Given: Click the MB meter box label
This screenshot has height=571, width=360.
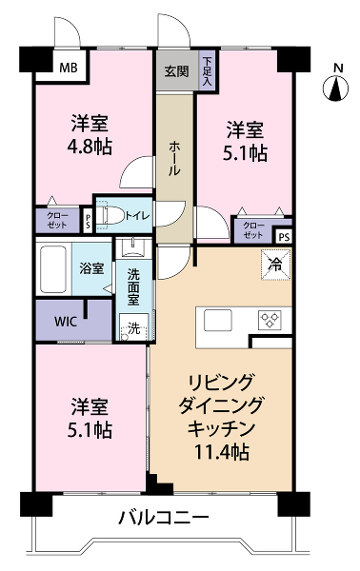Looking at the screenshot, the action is [x=69, y=68].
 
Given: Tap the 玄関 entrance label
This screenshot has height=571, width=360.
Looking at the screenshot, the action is [x=177, y=71].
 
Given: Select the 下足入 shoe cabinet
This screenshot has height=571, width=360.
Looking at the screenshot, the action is [x=207, y=71].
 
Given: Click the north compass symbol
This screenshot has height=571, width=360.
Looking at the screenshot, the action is [x=335, y=88].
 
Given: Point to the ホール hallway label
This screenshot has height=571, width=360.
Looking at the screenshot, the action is [x=174, y=159].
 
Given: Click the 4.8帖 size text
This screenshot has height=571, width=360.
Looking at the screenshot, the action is [x=90, y=147].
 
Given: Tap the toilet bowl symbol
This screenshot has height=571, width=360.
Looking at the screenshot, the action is [x=111, y=215].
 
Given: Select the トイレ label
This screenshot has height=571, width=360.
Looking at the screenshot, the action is [x=138, y=216].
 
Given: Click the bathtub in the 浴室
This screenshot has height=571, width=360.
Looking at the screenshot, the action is [x=53, y=268].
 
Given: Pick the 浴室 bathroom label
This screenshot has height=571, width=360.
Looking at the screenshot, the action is [x=91, y=268].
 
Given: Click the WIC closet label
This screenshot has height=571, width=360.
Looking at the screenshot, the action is [x=66, y=322].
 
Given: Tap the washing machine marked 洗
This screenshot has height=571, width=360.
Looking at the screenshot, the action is [x=134, y=327].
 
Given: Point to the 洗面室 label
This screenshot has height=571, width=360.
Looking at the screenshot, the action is [x=133, y=286].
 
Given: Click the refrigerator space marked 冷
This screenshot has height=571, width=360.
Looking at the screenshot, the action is [x=276, y=265].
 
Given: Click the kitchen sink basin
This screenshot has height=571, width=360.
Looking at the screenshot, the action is [x=218, y=320].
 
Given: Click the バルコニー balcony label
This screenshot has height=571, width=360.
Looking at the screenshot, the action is [x=165, y=517].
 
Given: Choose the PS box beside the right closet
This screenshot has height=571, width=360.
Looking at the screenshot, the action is [x=284, y=237].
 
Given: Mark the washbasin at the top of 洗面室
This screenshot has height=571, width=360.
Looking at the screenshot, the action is [x=133, y=247].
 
